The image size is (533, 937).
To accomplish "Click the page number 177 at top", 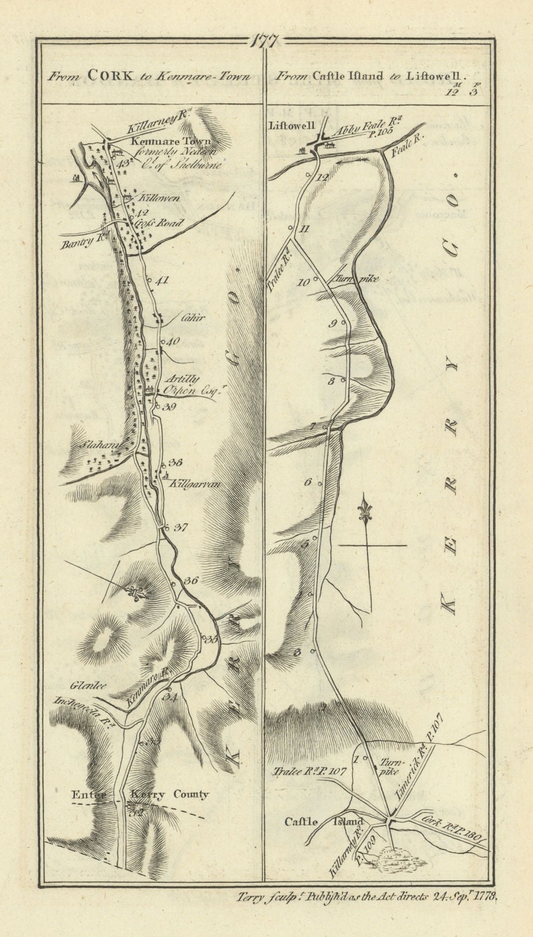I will (267, 42).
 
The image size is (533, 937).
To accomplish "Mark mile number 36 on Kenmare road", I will (190, 581).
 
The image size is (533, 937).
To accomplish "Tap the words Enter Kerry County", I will (139, 795).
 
